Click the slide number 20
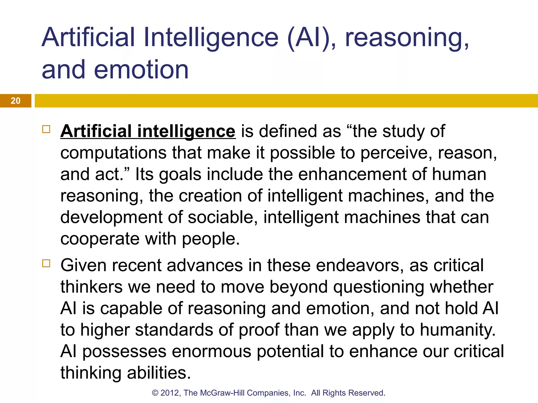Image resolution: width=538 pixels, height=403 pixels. click(15, 101)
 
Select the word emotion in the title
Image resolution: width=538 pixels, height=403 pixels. click(141, 70)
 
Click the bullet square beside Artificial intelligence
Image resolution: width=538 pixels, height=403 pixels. click(46, 129)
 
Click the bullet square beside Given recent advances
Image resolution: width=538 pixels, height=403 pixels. click(46, 263)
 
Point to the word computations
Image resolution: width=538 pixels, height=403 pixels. click(113, 153)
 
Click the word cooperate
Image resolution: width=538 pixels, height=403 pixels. click(100, 239)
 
